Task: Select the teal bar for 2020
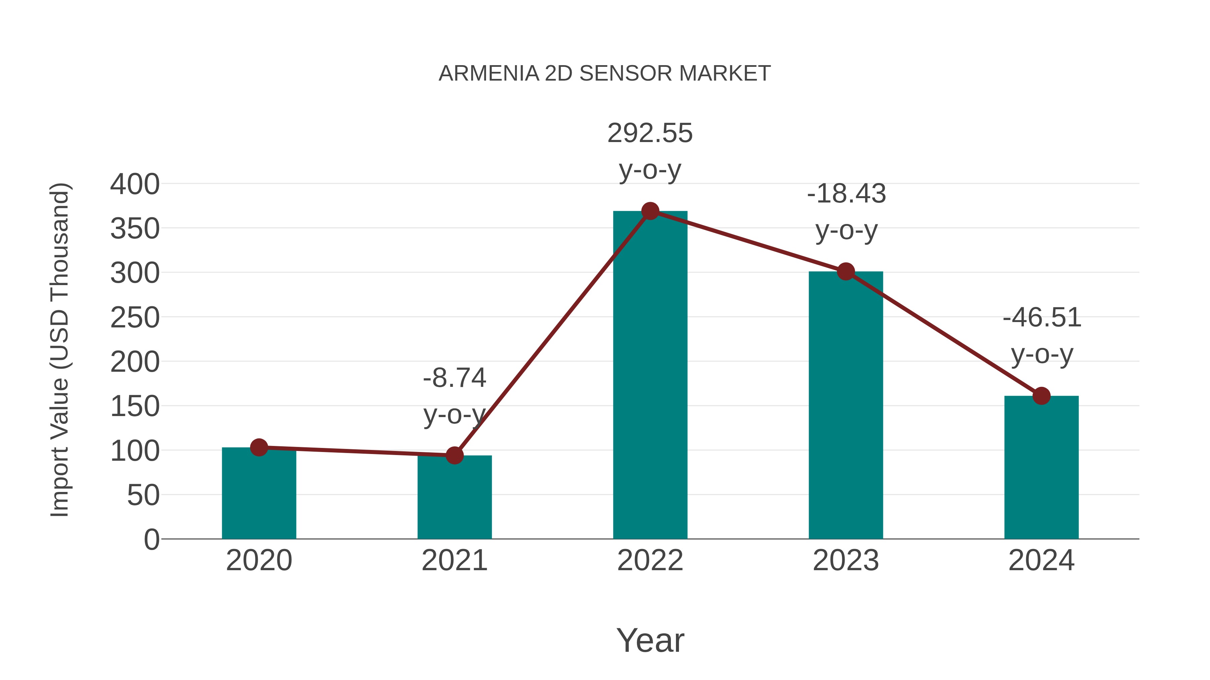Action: pos(259,493)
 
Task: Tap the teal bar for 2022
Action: pos(650,375)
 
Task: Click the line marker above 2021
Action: pos(454,455)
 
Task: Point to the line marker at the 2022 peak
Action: pos(650,211)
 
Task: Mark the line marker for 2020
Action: pos(259,447)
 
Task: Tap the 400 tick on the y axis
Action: pos(135,184)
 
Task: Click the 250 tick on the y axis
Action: pos(135,318)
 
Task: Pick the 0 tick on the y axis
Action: pos(151,539)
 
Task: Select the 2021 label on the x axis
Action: pos(454,560)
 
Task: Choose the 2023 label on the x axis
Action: pos(846,560)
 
